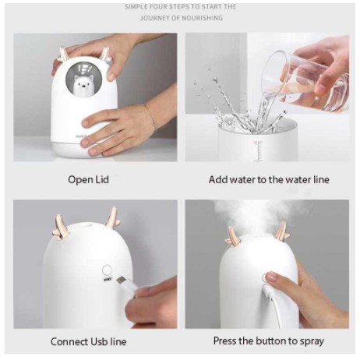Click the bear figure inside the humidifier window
[x=80, y=84]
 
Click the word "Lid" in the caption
[x=101, y=179]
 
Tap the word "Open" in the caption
[x=79, y=180]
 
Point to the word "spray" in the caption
[x=312, y=341]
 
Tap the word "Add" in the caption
[x=217, y=179]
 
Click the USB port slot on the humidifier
[x=107, y=280]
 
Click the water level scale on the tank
[x=258, y=151]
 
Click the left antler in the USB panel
[x=61, y=227]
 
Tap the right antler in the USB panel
[x=112, y=217]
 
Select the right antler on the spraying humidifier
[x=281, y=231]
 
